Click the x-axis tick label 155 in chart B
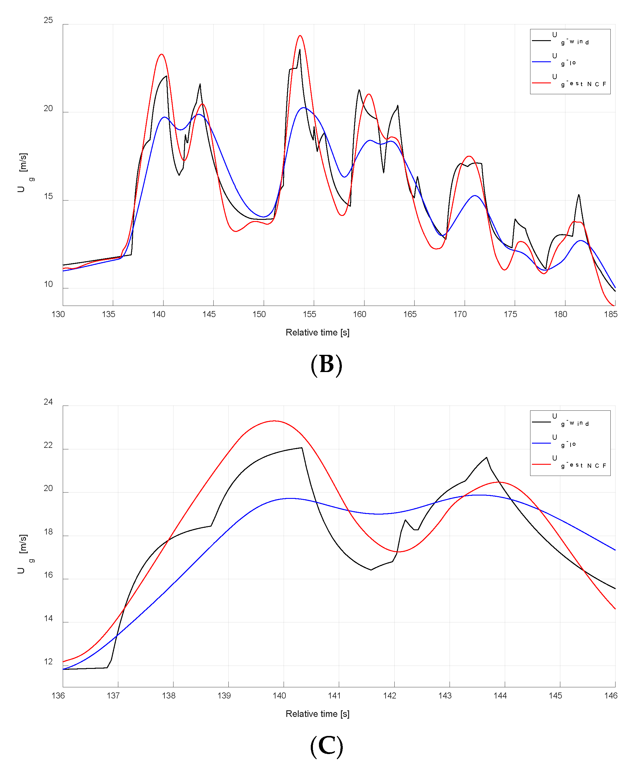tap(309, 314)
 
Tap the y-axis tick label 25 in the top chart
tap(48, 20)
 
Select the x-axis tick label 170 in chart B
tap(460, 314)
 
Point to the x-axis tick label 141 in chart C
tap(334, 695)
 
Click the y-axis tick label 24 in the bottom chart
tap(48, 402)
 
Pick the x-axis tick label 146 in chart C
tap(610, 695)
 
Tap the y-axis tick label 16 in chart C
tap(48, 575)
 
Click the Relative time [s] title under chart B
tap(317, 332)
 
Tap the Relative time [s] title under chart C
tap(317, 714)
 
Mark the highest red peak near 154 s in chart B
tap(300, 36)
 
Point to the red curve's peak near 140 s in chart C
tap(274, 421)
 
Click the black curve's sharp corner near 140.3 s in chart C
tap(302, 448)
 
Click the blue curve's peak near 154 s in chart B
tap(304, 108)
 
